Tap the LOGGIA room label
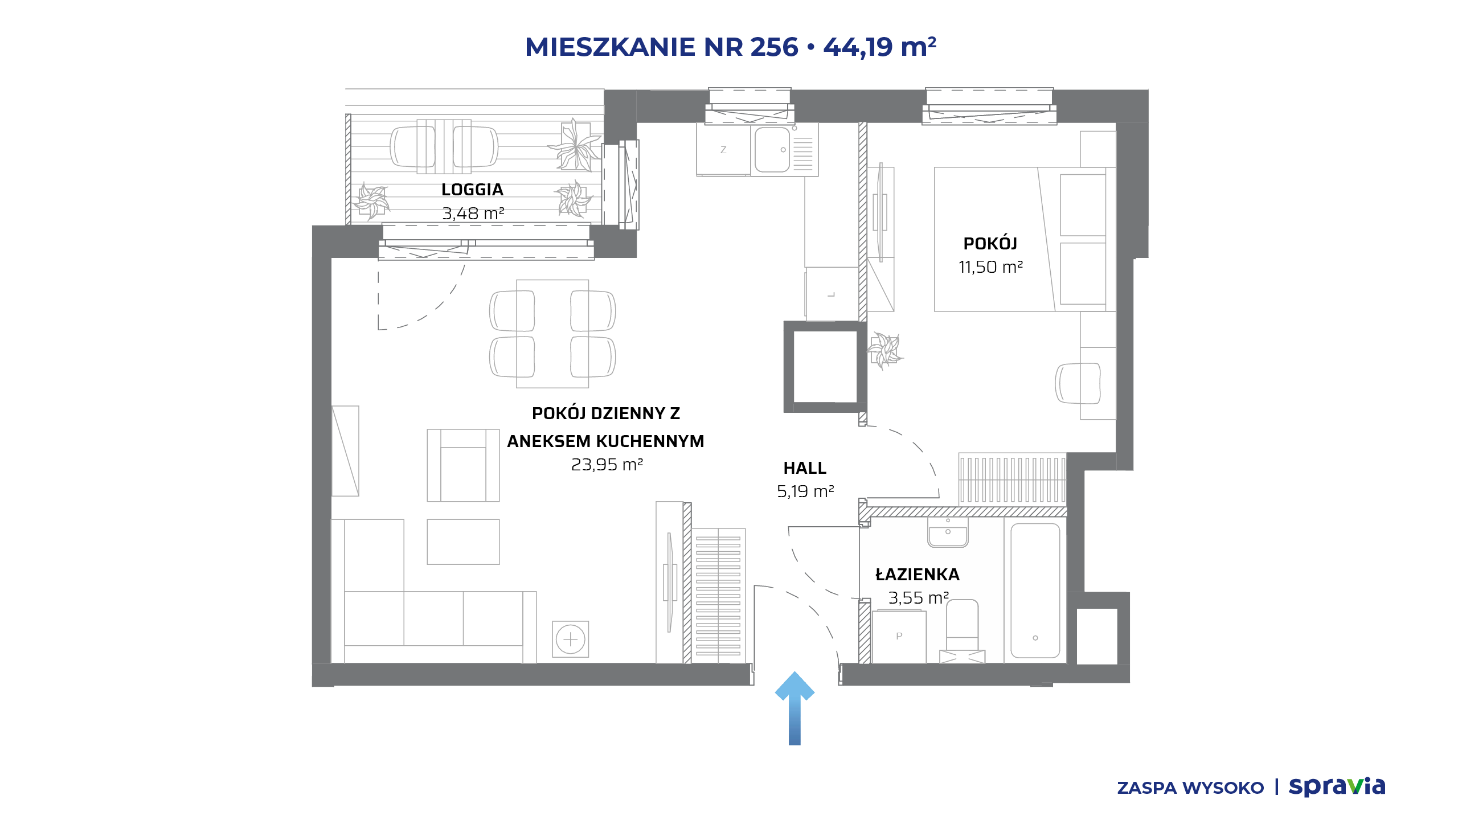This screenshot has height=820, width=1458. [472, 190]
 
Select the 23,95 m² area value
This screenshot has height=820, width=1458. [607, 465]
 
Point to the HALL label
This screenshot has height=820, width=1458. [805, 468]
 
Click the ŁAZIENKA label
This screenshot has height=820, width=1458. [918, 574]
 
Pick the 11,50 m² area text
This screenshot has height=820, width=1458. [990, 267]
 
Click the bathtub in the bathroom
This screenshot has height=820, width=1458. [1035, 591]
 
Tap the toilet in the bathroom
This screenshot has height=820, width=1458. [962, 631]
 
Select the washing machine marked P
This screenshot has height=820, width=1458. [899, 637]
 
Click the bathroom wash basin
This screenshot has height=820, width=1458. [948, 532]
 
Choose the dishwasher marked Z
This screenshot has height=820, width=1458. [723, 150]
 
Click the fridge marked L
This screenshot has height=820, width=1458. [832, 294]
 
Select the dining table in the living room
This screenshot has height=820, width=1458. [552, 334]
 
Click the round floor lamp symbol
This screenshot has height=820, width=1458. [570, 639]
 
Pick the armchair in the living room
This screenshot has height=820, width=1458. [463, 465]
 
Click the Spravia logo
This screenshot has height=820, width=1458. [1337, 786]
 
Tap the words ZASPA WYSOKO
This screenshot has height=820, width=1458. [1190, 788]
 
